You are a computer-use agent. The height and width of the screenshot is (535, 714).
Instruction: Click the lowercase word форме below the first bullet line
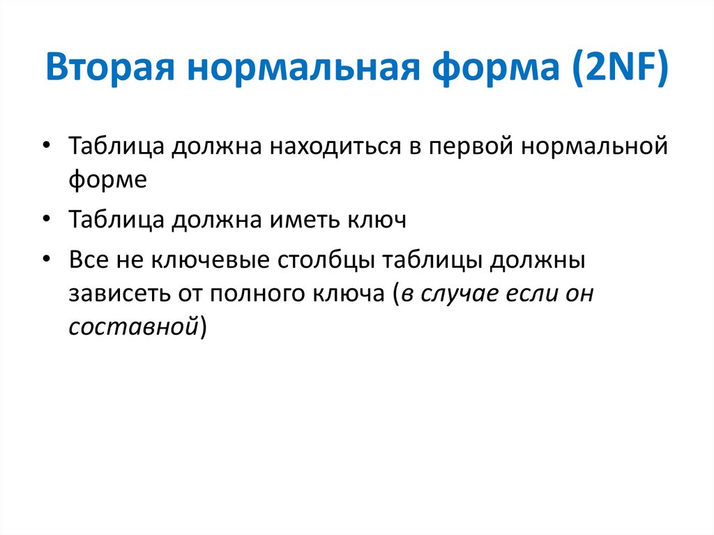point(108,180)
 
